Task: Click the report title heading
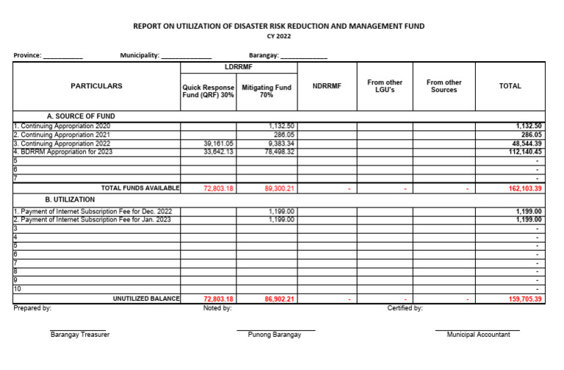point(278,26)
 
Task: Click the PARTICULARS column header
point(96,86)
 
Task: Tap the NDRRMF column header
point(327,86)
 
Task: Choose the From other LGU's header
point(385,86)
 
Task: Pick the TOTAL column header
point(510,86)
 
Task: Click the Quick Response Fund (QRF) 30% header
point(209,91)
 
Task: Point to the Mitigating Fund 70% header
point(267,91)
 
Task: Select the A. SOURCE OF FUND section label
point(81,116)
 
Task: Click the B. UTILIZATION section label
point(70,199)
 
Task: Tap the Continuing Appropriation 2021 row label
point(62,135)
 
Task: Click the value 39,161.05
point(218,144)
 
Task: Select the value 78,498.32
point(279,152)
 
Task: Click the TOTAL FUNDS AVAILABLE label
point(140,188)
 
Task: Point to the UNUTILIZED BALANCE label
point(146,299)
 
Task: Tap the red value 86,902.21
point(279,299)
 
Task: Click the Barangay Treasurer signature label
point(80,335)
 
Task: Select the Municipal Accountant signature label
point(478,335)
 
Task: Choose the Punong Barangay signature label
point(275,335)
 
